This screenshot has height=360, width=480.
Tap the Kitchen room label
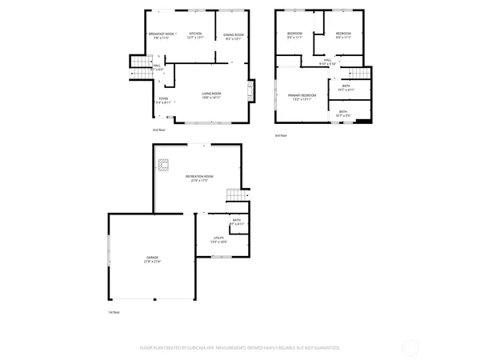[x=195, y=34]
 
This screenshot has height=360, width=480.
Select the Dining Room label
[x=234, y=36]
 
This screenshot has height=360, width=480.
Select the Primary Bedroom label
[x=302, y=97]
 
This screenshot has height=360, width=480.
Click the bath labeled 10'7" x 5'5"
[x=343, y=114]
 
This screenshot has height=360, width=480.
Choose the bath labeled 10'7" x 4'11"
[x=346, y=87]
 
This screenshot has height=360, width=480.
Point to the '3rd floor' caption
[x=281, y=135]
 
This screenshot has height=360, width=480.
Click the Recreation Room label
[x=199, y=178]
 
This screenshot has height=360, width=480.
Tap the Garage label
[x=151, y=259]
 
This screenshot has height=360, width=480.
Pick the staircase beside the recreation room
[x=236, y=196]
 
